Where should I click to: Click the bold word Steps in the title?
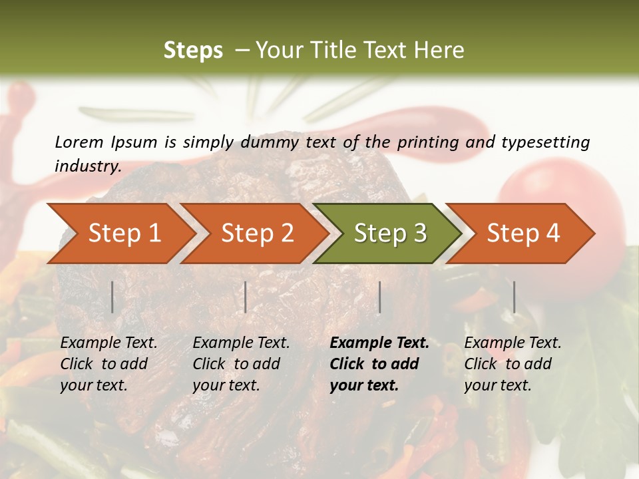193,51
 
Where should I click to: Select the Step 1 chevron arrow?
120,234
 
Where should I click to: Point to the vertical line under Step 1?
112,297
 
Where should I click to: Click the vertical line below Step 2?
246,297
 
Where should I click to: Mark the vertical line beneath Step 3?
379,297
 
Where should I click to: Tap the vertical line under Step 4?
514,297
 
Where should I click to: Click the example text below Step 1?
108,364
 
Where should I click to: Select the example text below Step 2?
241,364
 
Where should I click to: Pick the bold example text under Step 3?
379,364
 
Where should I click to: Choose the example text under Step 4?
513,364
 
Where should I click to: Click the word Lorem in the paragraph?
79,142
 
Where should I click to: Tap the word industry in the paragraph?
87,166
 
